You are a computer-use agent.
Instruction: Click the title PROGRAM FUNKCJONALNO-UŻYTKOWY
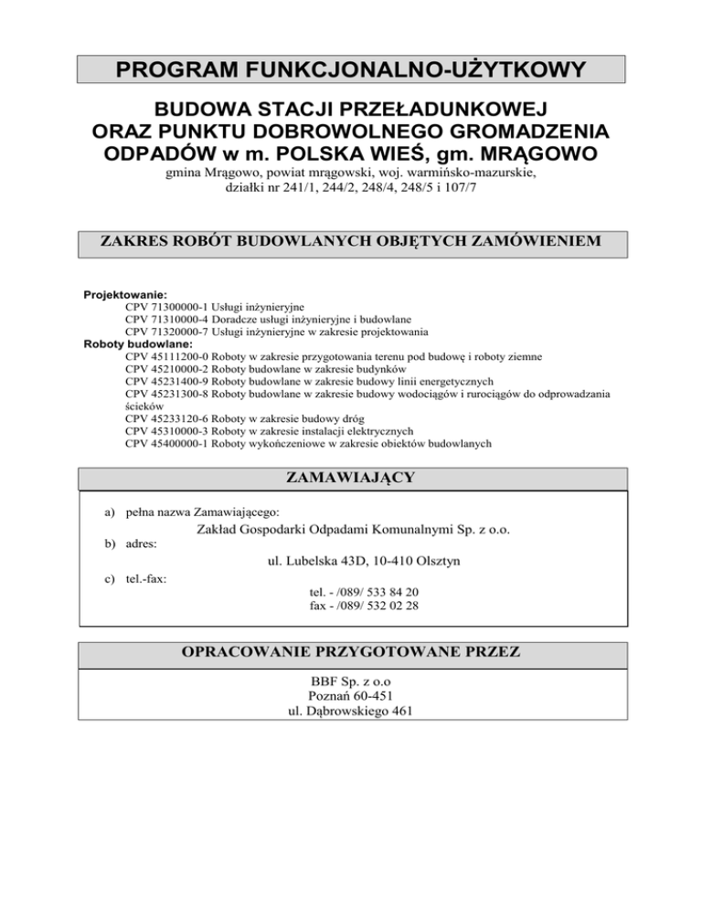click(x=351, y=69)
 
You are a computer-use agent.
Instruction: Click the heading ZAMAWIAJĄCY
click(x=351, y=478)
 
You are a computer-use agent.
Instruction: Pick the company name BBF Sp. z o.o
click(x=351, y=681)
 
